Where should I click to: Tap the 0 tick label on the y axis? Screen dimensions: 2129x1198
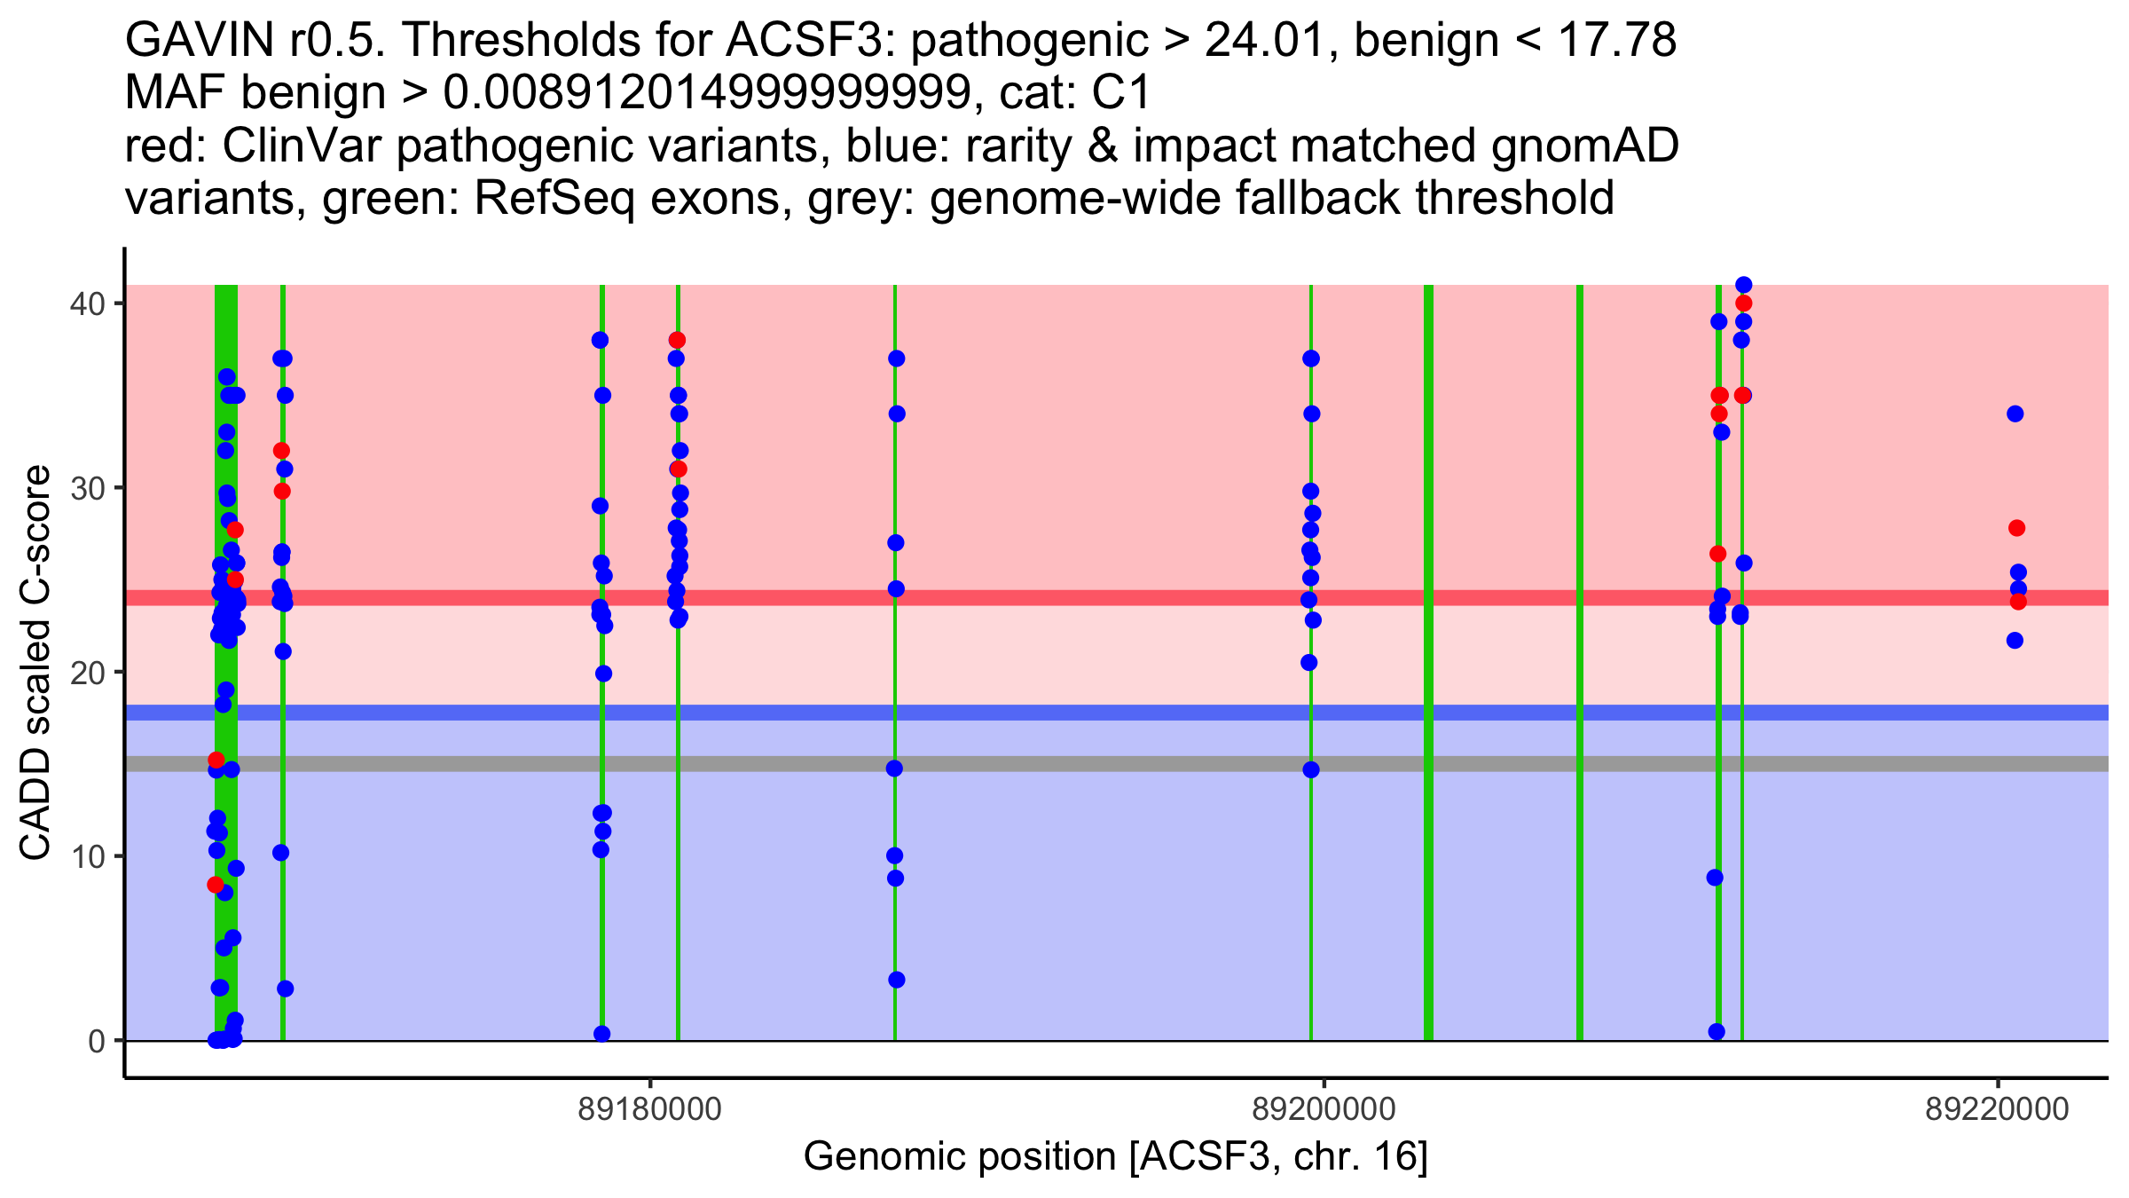(x=96, y=1040)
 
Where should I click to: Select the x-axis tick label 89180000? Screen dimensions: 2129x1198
(x=650, y=1109)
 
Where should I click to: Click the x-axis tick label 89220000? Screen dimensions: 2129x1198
(x=1997, y=1109)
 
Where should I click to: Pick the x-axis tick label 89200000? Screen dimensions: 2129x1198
(x=1324, y=1109)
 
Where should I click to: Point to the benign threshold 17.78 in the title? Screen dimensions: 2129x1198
(x=1617, y=40)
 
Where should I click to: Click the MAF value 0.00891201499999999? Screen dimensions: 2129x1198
(x=708, y=93)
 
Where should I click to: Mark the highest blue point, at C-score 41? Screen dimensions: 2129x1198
(x=1743, y=285)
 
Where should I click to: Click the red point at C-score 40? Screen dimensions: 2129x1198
(x=1743, y=303)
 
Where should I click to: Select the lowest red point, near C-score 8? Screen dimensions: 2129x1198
(x=216, y=885)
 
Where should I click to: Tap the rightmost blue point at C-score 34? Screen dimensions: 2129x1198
(x=2015, y=414)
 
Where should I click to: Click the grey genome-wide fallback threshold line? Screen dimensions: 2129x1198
(x=1117, y=764)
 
